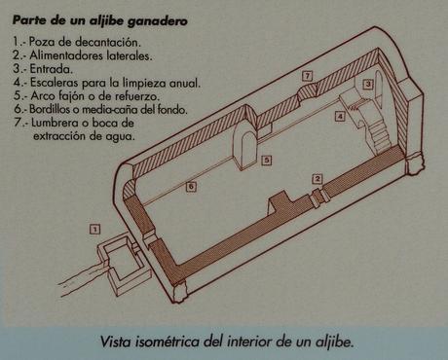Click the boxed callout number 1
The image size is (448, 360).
point(94,230)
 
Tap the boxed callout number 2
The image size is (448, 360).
point(317,179)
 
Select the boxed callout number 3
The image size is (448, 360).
point(368,85)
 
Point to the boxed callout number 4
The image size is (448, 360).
point(340,116)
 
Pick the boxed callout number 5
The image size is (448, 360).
point(267,160)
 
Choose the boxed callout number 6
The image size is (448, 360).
point(191,187)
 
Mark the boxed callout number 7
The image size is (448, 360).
point(307,76)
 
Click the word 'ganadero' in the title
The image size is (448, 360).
point(158,21)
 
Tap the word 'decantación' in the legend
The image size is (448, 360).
point(108,42)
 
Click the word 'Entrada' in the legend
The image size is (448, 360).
point(52,69)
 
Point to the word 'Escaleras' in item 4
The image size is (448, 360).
point(55,83)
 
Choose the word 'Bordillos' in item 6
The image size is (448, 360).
point(50,109)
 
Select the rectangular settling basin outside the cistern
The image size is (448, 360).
point(124,265)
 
